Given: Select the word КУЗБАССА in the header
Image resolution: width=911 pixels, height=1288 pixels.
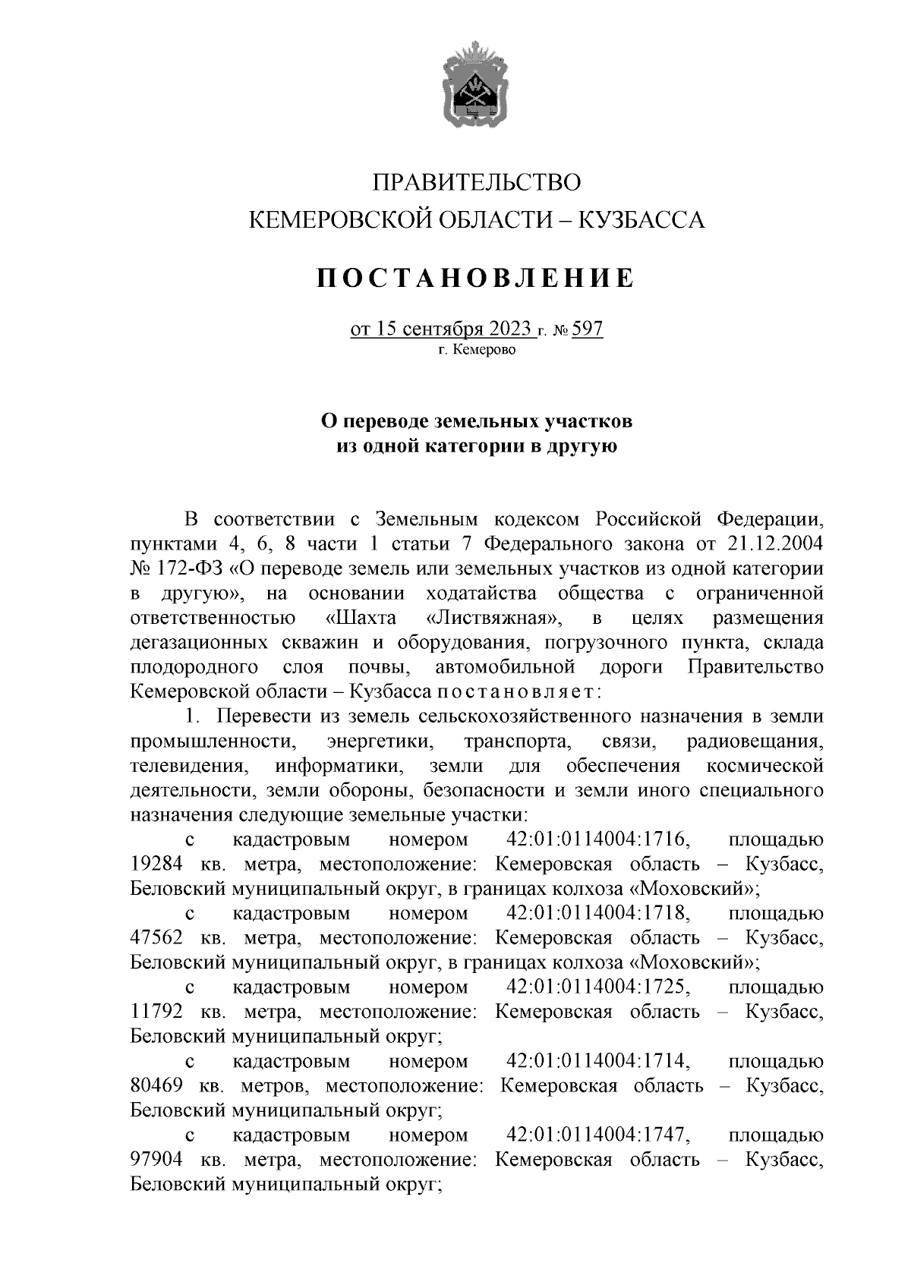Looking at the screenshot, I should [642, 220].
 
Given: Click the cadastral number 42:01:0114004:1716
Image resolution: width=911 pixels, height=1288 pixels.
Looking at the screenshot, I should [597, 840].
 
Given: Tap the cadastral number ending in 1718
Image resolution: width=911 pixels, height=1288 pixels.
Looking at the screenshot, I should [597, 913].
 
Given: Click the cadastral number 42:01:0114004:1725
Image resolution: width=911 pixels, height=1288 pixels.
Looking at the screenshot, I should [597, 987].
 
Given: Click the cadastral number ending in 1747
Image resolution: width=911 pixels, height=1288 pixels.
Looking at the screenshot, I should [597, 1135].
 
